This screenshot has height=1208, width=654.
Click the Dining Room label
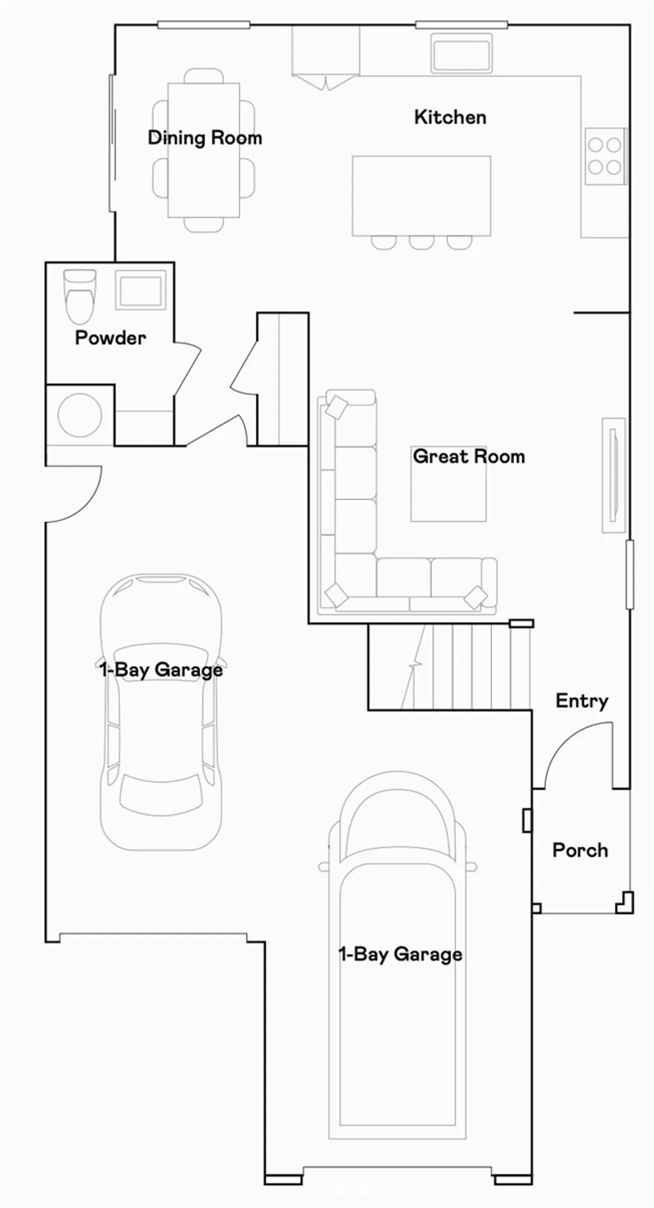click(205, 138)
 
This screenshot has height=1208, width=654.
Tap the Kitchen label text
click(450, 117)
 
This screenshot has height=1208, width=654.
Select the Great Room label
click(469, 456)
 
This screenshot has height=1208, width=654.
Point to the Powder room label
click(110, 337)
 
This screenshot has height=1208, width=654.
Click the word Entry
click(582, 701)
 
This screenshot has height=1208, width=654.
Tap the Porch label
click(580, 850)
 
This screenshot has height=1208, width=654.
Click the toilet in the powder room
click(80, 296)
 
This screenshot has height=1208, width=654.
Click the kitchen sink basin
click(462, 54)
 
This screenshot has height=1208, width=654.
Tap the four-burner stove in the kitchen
click(604, 156)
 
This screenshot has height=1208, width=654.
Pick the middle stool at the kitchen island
click(422, 242)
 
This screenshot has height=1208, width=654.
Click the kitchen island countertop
click(422, 195)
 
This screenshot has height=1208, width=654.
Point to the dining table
click(204, 150)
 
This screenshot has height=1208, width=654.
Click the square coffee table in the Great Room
click(448, 484)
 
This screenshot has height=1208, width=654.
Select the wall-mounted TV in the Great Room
click(614, 475)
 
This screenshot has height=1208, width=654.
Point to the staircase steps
click(450, 667)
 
